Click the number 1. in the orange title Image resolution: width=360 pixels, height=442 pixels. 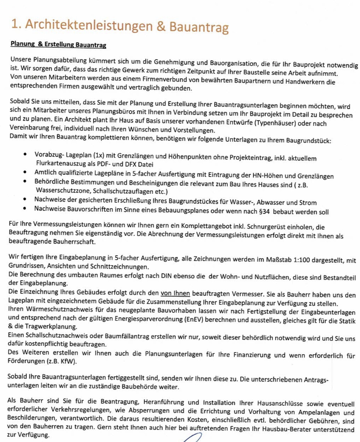tap(16, 24)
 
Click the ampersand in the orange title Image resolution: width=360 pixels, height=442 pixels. tap(161, 26)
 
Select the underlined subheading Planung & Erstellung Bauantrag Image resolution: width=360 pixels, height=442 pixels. tap(58, 44)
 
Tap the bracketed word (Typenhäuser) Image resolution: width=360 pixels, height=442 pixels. tap(275, 123)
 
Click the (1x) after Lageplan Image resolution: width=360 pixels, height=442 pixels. tap(99, 156)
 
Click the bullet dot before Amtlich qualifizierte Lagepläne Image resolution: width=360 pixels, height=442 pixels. tap(25, 172)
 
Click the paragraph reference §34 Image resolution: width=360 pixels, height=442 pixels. tap(264, 211)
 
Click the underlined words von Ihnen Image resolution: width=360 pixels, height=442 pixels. tap(175, 293)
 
